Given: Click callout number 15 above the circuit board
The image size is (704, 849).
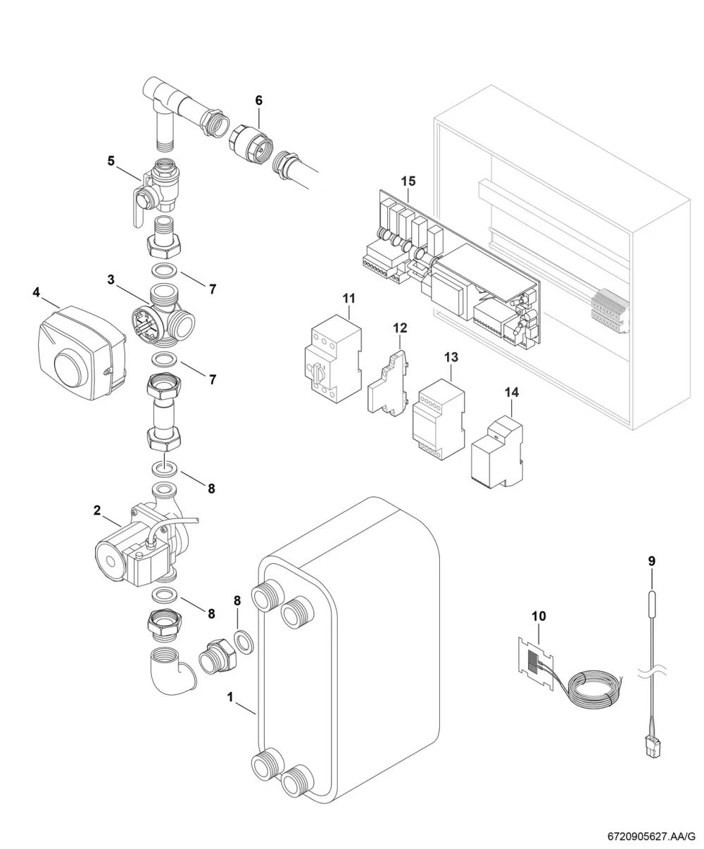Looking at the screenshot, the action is (x=408, y=181).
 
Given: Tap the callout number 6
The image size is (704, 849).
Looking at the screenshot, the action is (x=258, y=100).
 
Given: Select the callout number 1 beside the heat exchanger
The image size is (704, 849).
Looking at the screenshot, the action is (x=230, y=697).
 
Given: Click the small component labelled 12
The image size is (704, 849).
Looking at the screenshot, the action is (x=389, y=384).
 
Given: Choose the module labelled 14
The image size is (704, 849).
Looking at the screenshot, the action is (x=497, y=453).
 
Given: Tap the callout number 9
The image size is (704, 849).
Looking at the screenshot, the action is (x=651, y=562).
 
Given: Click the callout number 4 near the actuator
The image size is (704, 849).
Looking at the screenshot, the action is (x=36, y=292).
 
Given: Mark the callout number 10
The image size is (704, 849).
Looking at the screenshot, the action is (x=539, y=616).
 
